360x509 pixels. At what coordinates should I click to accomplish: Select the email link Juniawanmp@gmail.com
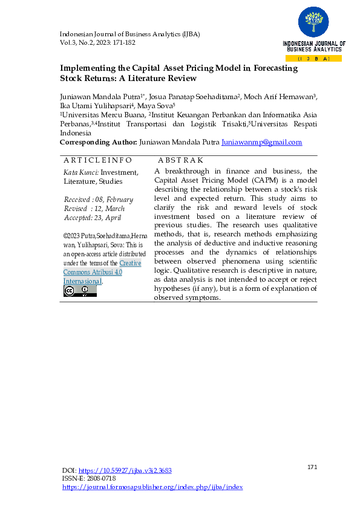(262, 142)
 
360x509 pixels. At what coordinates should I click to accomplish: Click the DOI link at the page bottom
(125, 470)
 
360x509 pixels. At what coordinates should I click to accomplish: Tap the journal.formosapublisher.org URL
(152, 487)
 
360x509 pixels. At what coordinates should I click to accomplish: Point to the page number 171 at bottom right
(312, 467)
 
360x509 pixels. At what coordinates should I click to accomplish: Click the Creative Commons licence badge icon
(80, 291)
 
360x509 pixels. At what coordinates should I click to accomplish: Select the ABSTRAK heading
(180, 160)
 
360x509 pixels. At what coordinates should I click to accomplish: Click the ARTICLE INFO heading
(97, 160)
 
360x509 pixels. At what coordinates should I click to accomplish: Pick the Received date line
(98, 199)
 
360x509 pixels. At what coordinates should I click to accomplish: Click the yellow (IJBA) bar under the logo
(313, 58)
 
